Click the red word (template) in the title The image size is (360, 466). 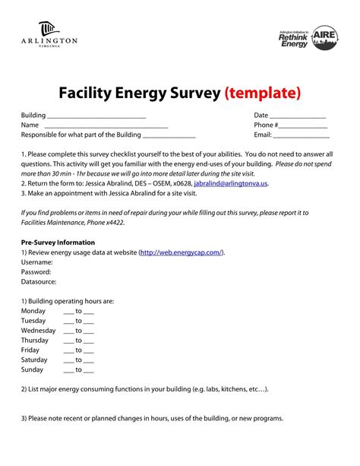pos(263,93)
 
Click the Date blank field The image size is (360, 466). pos(298,116)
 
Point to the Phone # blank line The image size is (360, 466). pos(303,125)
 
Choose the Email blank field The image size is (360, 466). pos(301,135)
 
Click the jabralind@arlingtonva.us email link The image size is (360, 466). pos(231,183)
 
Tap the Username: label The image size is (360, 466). pos(37,262)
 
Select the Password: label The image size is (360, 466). pos(36,271)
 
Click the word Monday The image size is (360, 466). pos(33,311)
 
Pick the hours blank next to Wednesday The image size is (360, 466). pos(79,331)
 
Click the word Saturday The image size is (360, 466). pos(35,360)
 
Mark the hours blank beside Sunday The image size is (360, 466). pos(79,370)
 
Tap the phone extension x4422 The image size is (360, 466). pos(112,223)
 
